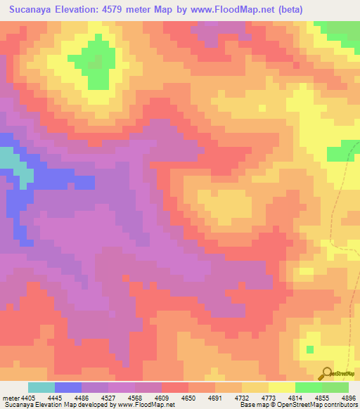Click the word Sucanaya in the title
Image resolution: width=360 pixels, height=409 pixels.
36,11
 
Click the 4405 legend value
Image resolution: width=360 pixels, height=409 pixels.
26,397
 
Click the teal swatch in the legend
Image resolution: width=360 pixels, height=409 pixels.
41,387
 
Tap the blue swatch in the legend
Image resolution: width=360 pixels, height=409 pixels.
68,387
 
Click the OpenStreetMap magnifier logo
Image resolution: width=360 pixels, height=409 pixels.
327,373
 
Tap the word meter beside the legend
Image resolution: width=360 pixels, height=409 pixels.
8,397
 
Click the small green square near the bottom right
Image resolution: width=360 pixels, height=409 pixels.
309,349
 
